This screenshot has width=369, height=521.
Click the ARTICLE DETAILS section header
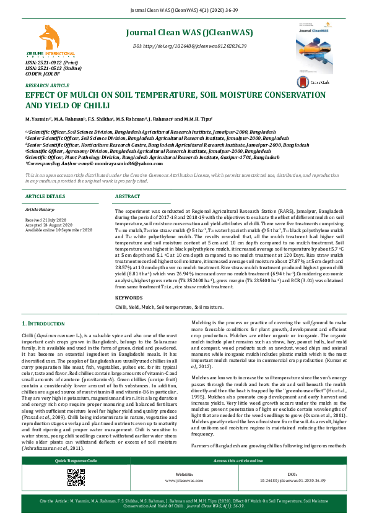(45, 196)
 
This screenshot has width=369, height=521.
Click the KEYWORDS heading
(129, 298)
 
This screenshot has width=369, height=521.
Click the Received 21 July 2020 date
(46, 219)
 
